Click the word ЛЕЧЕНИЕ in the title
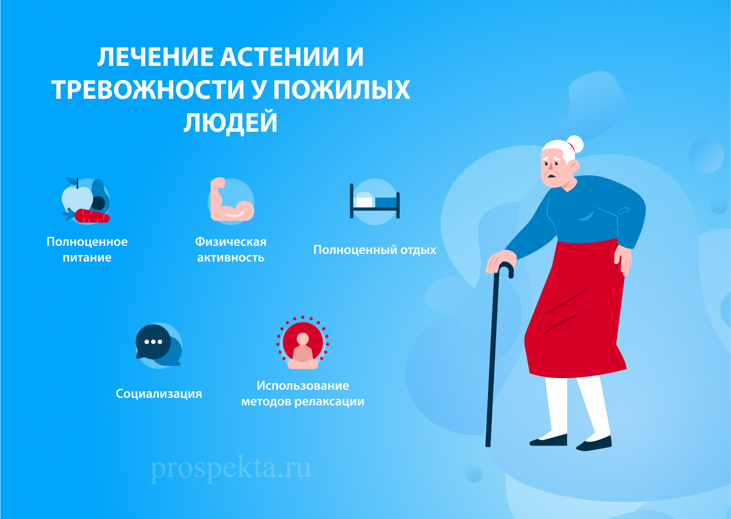coord(155,57)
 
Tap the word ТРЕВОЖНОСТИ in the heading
coord(148,90)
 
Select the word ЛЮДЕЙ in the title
coord(231,123)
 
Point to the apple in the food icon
coord(76,199)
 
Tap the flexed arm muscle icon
coord(231,201)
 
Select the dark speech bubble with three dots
coord(153,342)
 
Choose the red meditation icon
coord(303,343)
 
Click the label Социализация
coord(159,394)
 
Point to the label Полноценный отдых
coord(375,250)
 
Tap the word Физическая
coord(231,242)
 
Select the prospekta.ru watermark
coord(231,468)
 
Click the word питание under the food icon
coord(87,257)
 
